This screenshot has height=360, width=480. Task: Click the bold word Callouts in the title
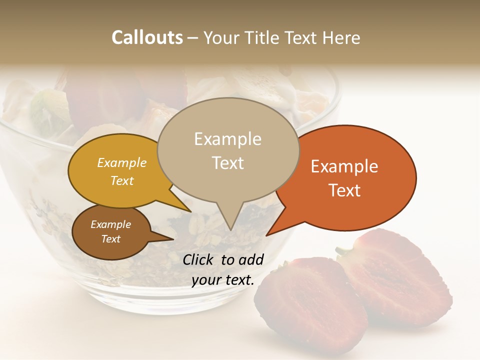pos(147,37)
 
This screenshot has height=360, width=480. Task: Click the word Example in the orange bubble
pos(344,166)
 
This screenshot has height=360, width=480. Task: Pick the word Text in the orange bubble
pos(344,190)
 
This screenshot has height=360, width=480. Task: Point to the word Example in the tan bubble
pos(227,139)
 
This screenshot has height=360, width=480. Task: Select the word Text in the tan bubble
pos(227,163)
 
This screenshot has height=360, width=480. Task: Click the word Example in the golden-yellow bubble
pos(122,162)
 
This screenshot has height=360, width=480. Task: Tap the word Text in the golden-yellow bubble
pos(122,180)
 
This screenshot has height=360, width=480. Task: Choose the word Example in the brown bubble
pos(110,224)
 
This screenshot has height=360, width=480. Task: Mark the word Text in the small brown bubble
pos(110,239)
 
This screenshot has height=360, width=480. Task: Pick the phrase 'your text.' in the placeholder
pos(223,280)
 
